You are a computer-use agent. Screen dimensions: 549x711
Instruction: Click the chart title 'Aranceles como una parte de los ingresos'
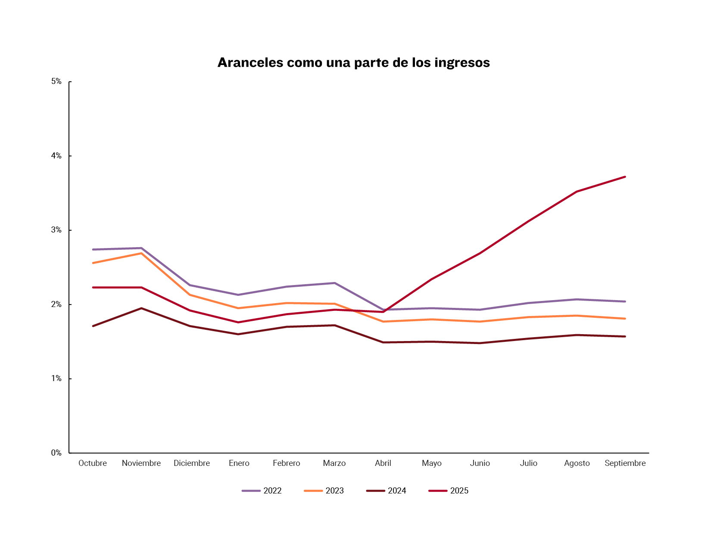[x=353, y=63]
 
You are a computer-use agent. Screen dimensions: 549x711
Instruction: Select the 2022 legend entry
[x=262, y=491]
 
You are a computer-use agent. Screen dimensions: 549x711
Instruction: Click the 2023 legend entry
[x=324, y=491]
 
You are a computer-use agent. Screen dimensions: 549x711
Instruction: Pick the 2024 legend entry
[x=386, y=491]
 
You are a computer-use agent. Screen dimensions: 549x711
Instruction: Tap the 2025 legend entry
[x=449, y=491]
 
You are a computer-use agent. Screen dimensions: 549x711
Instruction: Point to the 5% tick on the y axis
[x=56, y=81]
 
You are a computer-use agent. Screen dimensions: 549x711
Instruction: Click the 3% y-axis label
[x=56, y=230]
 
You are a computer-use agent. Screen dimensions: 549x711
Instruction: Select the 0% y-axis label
[x=56, y=453]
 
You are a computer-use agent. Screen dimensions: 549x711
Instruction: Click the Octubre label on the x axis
[x=93, y=463]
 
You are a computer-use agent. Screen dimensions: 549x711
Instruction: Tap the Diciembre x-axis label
[x=192, y=463]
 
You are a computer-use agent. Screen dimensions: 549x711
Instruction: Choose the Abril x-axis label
[x=383, y=463]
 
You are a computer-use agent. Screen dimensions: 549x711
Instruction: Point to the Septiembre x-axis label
[x=625, y=463]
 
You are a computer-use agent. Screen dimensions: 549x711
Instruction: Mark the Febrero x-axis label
[x=287, y=463]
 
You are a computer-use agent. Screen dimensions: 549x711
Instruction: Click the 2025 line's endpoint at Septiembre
[x=625, y=177]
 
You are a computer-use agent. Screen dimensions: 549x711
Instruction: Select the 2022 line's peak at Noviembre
[x=141, y=248]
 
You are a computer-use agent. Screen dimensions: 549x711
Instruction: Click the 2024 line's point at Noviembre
[x=141, y=308]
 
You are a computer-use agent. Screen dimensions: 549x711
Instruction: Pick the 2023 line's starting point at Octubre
[x=93, y=263]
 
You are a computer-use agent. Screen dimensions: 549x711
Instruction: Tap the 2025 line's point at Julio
[x=528, y=221]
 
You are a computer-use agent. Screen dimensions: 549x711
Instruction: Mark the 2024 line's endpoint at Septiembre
[x=625, y=336]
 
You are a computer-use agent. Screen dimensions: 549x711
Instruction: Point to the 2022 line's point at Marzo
[x=335, y=283]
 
